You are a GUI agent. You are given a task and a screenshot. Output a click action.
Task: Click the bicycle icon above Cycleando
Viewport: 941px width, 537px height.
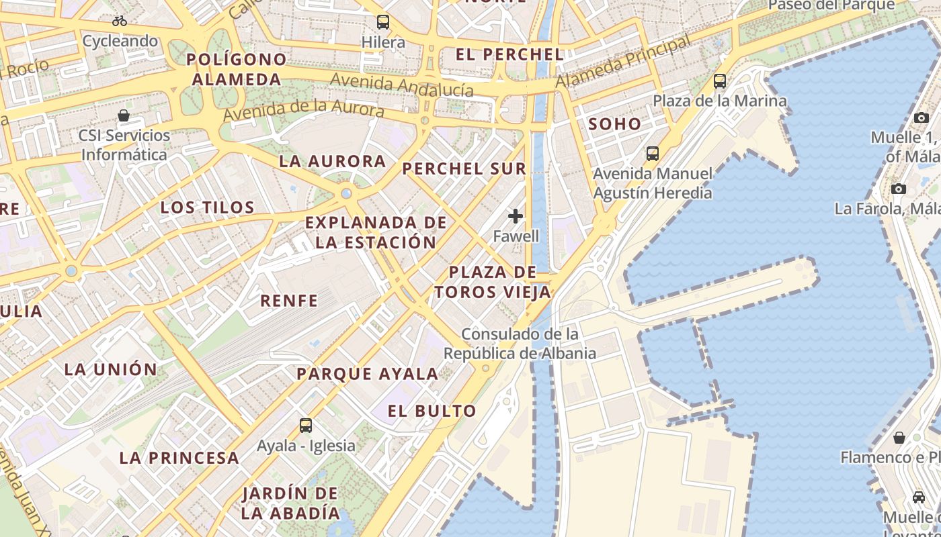(x=120, y=21)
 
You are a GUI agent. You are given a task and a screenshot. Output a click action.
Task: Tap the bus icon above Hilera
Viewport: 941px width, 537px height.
(x=383, y=22)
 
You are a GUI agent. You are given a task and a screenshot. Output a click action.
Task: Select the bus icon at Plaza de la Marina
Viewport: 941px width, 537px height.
(x=720, y=81)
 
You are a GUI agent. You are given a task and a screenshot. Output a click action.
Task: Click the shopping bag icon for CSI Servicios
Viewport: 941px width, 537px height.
(x=124, y=115)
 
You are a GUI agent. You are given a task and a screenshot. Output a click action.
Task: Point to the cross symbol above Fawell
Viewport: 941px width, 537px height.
(x=516, y=216)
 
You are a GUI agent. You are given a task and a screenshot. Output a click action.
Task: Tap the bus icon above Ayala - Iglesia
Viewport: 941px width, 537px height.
(x=306, y=425)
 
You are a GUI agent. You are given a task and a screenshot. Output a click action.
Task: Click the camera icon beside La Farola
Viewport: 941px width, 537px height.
(x=899, y=189)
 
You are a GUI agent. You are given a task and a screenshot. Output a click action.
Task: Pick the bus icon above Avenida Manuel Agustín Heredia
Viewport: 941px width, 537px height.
(x=652, y=154)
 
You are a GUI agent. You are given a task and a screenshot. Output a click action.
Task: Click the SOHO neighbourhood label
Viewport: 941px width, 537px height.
(x=615, y=124)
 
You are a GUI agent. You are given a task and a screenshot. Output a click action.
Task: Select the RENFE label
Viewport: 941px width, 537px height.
(x=289, y=301)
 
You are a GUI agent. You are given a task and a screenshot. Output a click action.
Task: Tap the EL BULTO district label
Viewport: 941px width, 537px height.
(x=432, y=411)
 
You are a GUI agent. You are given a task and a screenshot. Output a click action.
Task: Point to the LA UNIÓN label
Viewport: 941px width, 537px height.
(x=111, y=369)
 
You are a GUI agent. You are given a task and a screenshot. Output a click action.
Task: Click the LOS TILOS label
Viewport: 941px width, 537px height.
(x=208, y=207)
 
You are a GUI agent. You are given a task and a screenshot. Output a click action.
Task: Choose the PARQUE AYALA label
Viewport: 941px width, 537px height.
(x=368, y=374)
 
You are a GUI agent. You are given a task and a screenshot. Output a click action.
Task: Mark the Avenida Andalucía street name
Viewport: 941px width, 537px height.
(x=401, y=85)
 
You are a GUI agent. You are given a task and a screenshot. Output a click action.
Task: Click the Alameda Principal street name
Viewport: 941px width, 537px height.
(x=623, y=62)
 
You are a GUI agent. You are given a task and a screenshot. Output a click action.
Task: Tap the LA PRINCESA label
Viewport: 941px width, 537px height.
(x=179, y=458)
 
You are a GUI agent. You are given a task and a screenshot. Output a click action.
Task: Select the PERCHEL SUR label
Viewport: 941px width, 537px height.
(x=464, y=168)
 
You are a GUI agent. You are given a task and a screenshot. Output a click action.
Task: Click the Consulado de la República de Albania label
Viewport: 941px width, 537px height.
(x=520, y=344)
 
